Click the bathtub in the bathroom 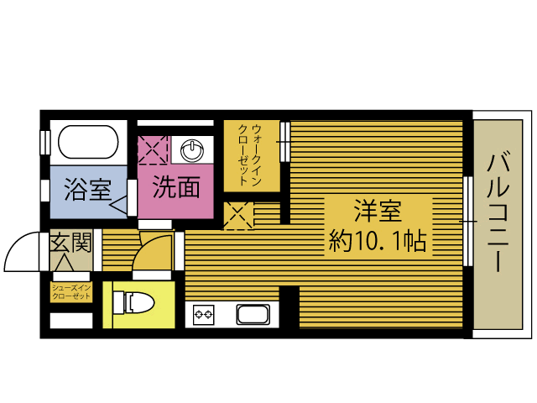[x=88, y=142]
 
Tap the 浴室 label [x=88, y=189]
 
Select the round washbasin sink [x=192, y=150]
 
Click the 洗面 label [x=176, y=187]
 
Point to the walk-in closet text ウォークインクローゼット [x=250, y=154]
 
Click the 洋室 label [x=378, y=211]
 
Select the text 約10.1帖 [x=378, y=241]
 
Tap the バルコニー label [x=498, y=212]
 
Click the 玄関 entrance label [x=71, y=242]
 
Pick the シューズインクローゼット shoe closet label [x=71, y=292]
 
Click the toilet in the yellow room [x=134, y=302]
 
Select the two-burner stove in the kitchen [x=203, y=315]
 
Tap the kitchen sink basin [x=253, y=314]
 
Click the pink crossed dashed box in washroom [x=153, y=149]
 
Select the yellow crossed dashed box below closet [x=238, y=215]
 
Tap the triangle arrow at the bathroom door [x=118, y=206]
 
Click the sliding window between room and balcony [x=468, y=222]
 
